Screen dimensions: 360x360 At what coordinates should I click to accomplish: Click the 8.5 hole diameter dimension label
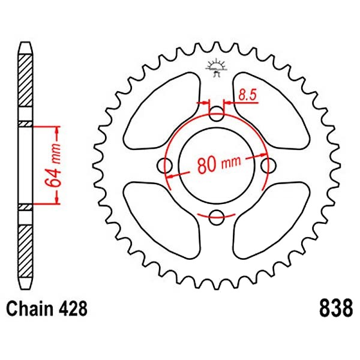click(x=247, y=94)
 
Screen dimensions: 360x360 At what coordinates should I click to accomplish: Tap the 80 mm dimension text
click(x=219, y=164)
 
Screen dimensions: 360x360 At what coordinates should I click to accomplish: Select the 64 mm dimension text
click(x=53, y=165)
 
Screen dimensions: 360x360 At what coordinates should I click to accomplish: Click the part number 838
click(x=335, y=308)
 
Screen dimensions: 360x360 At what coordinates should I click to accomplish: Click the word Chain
click(x=29, y=308)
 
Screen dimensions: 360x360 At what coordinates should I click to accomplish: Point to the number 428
click(x=73, y=308)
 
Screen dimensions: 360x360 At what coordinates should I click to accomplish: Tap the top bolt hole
click(x=216, y=114)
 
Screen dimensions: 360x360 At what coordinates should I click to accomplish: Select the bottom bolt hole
click(x=216, y=217)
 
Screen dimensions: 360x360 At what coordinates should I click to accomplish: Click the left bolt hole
click(x=165, y=166)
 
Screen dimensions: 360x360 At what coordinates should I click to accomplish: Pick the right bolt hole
click(x=268, y=166)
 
